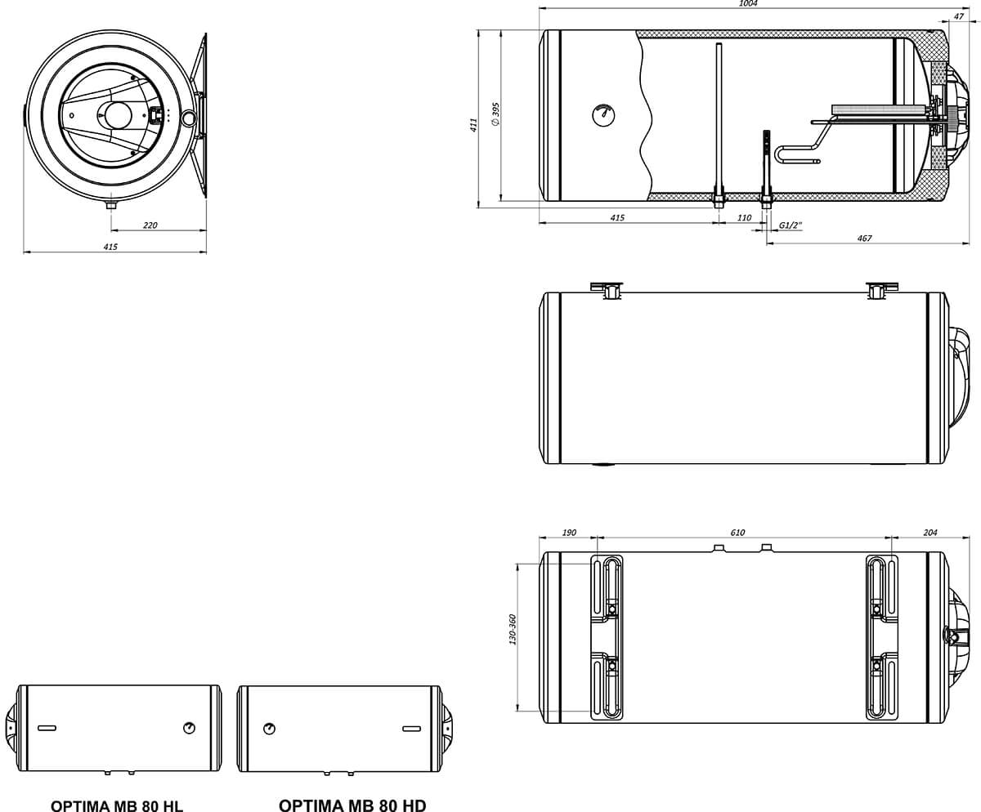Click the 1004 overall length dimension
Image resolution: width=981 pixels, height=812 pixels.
coord(748,4)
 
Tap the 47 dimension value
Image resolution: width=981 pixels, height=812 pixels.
coord(958,16)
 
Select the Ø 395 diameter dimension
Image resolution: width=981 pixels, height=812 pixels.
coord(495,114)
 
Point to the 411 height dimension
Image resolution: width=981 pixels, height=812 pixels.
coord(473,124)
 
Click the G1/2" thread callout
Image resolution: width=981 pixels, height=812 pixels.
coord(791,225)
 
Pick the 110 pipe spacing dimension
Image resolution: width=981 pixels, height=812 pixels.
coord(744,217)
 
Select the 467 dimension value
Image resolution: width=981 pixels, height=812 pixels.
coord(864,238)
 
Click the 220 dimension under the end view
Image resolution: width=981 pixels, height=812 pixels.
coord(150,225)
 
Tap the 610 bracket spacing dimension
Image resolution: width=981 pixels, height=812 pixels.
coord(737,533)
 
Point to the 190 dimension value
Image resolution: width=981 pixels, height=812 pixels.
coord(569,533)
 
